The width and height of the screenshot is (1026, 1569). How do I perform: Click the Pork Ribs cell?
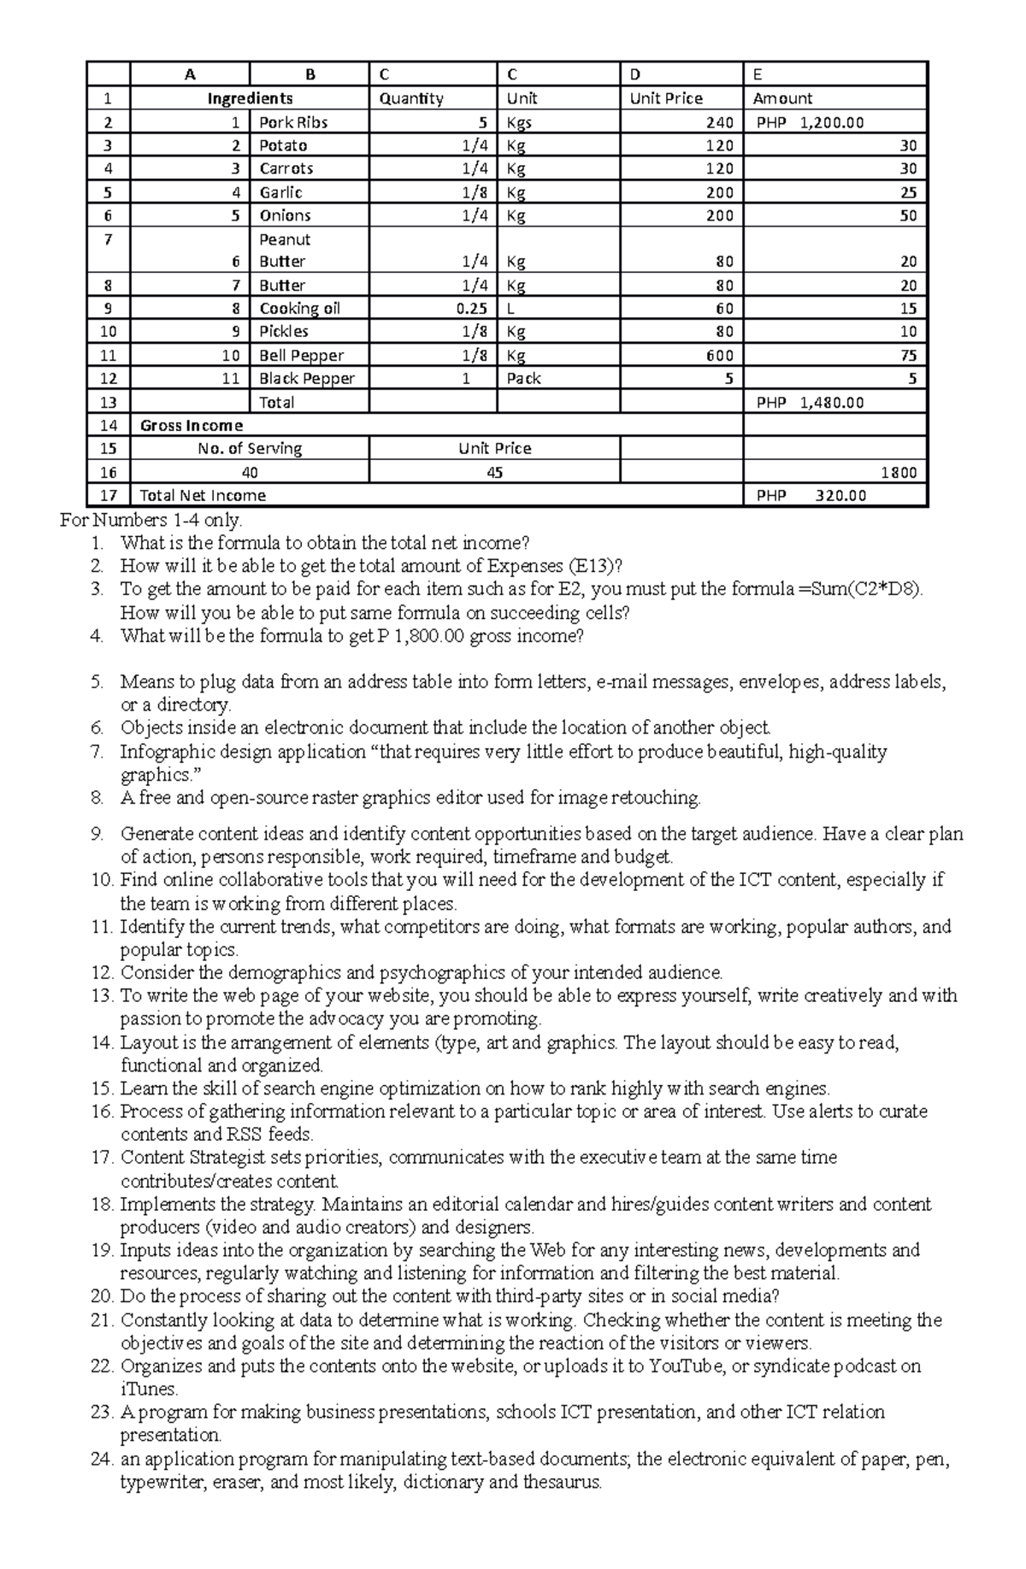pyautogui.click(x=293, y=122)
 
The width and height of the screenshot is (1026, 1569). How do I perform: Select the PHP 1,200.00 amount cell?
pyautogui.click(x=810, y=122)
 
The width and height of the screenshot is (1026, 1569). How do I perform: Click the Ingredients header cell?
pyautogui.click(x=250, y=98)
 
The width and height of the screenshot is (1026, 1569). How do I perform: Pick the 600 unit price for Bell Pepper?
pyautogui.click(x=719, y=356)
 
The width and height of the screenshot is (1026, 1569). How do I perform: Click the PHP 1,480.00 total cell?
pyautogui.click(x=810, y=403)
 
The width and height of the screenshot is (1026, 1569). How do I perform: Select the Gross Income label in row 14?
pyautogui.click(x=192, y=426)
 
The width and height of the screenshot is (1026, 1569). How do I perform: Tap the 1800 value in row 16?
pyautogui.click(x=899, y=473)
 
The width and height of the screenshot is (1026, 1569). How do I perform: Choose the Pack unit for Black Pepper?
pyautogui.click(x=523, y=379)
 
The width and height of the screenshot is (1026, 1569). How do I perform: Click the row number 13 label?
pyautogui.click(x=109, y=403)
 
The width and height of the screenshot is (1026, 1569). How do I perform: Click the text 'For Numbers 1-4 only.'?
pyautogui.click(x=151, y=520)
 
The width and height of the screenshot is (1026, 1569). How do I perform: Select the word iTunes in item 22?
pyautogui.click(x=147, y=1389)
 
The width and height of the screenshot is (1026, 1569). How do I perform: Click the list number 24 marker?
pyautogui.click(x=101, y=1460)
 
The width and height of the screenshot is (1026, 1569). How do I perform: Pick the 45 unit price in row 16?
pyautogui.click(x=494, y=473)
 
